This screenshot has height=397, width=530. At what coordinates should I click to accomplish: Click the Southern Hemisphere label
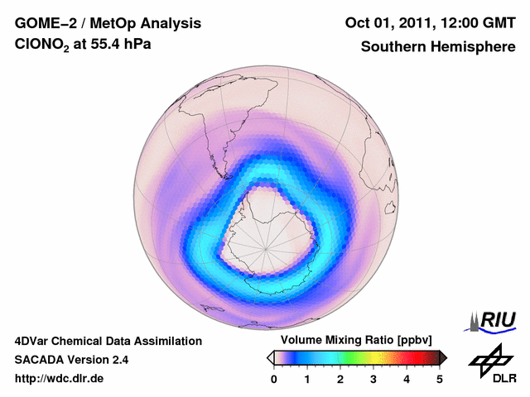438,47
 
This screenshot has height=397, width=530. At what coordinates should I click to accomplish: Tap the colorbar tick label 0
274,379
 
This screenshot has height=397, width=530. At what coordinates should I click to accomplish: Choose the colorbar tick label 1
307,379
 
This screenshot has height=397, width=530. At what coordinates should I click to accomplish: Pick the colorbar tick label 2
340,379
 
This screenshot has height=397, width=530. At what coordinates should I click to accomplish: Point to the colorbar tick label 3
373,379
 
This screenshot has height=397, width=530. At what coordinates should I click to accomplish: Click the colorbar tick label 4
407,379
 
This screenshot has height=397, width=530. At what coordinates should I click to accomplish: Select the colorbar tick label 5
440,379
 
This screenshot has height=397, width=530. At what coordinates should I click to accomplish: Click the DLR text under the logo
504,378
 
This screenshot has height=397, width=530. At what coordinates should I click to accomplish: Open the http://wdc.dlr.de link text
60,379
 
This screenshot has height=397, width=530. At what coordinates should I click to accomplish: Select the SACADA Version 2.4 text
71,360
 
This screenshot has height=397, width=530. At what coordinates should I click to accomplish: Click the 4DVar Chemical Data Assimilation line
108,341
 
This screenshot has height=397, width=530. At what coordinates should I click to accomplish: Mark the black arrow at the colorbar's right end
443,357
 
